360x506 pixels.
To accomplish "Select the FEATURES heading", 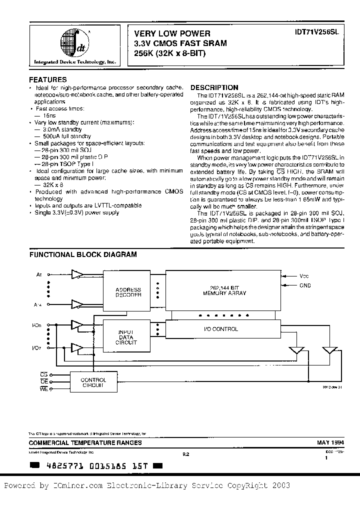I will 48,79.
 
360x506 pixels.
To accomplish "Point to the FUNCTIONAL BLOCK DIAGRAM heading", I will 83,254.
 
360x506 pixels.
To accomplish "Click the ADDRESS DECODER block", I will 128,292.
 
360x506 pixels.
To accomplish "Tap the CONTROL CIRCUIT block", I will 93,382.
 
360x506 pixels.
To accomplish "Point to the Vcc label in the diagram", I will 304,276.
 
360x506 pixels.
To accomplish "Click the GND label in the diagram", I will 305,285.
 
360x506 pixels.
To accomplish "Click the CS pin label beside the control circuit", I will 43,374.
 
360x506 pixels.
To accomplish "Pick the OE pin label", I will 43,382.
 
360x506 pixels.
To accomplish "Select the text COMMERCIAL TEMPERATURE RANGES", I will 85,442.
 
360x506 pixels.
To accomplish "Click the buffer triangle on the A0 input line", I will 78,274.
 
